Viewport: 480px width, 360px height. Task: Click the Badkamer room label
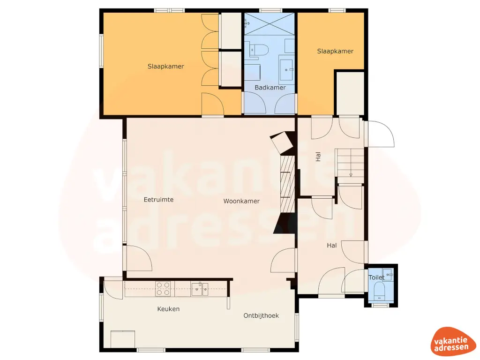point(270,88)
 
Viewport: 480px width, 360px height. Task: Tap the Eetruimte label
point(158,200)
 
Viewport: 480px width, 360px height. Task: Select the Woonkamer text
point(241,201)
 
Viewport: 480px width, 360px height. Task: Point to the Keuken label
point(168,309)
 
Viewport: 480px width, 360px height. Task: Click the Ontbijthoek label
point(261,315)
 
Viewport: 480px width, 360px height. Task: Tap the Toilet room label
point(377,277)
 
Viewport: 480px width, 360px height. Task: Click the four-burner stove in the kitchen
point(163,288)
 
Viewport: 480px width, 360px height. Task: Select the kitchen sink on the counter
point(200,289)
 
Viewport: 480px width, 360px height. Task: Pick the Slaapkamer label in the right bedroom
point(335,51)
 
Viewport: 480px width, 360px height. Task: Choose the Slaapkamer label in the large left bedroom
point(165,67)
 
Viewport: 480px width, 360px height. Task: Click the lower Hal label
point(332,245)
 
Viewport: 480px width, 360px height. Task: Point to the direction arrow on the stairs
point(351,175)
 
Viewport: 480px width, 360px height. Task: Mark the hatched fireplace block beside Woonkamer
point(287,182)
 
